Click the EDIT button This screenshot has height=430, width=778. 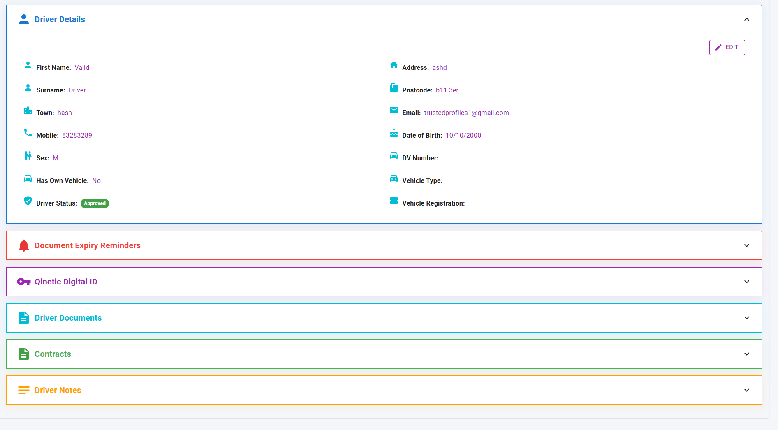(x=727, y=47)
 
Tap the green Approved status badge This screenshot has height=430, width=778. (x=95, y=203)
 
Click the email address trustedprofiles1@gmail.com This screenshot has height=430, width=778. (x=466, y=113)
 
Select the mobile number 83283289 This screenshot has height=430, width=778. (x=77, y=135)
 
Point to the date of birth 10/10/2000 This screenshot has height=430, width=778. (x=463, y=135)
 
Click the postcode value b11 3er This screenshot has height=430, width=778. (x=447, y=90)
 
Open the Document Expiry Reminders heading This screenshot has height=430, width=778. (x=87, y=245)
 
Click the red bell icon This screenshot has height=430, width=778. (x=24, y=245)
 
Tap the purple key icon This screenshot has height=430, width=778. (x=24, y=282)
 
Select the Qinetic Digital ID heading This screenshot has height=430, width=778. (x=66, y=282)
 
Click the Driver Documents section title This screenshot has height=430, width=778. (x=68, y=318)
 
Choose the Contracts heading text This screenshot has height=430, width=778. (x=53, y=354)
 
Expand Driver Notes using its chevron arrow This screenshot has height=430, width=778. (x=746, y=390)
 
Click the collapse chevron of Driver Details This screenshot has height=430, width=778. (x=746, y=19)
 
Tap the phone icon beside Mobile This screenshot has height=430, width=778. (x=28, y=133)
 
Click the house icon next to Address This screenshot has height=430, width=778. (x=394, y=65)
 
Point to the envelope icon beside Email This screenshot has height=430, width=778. (x=394, y=110)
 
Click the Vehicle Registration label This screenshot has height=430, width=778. (x=433, y=203)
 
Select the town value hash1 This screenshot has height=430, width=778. (x=66, y=113)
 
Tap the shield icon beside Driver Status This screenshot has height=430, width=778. (x=28, y=201)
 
